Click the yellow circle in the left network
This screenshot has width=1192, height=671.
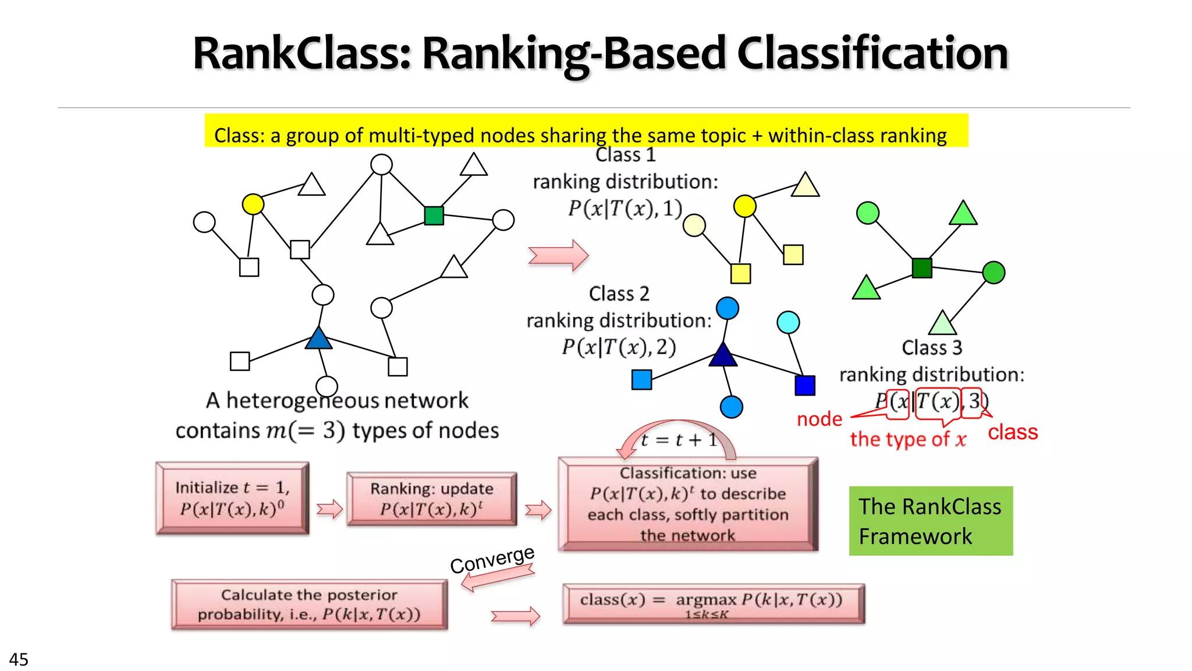pyautogui.click(x=253, y=204)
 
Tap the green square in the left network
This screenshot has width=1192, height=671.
pyautogui.click(x=434, y=216)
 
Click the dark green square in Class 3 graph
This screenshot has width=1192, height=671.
pyautogui.click(x=922, y=268)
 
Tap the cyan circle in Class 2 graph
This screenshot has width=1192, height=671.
pyautogui.click(x=788, y=322)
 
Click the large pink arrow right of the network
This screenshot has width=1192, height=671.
pyautogui.click(x=558, y=255)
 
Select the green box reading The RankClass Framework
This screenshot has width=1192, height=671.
pyautogui.click(x=931, y=521)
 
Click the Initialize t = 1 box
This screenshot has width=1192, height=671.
pyautogui.click(x=232, y=498)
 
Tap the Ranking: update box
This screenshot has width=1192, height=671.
pyautogui.click(x=431, y=499)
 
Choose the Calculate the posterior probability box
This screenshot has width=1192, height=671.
pyautogui.click(x=309, y=605)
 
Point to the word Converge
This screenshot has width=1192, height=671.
pyautogui.click(x=492, y=560)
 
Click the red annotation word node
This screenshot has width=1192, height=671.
pyautogui.click(x=819, y=419)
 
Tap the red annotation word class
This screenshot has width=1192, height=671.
pyautogui.click(x=1013, y=432)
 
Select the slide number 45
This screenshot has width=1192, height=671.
pyautogui.click(x=19, y=659)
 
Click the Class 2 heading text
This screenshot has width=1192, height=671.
pyautogui.click(x=619, y=294)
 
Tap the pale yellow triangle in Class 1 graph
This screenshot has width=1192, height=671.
pyautogui.click(x=806, y=186)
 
